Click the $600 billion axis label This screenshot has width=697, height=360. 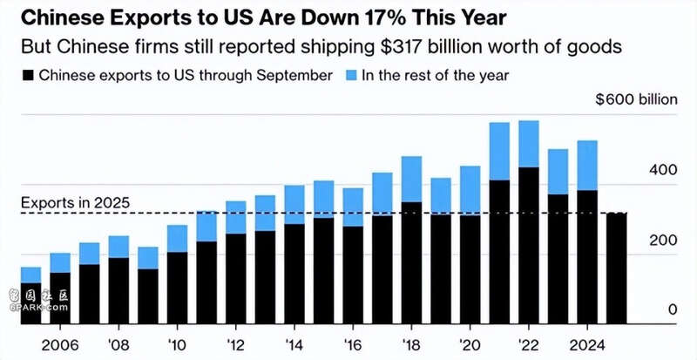tap(636, 99)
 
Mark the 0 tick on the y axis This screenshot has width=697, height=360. tap(672, 309)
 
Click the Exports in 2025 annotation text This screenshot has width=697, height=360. tap(75, 203)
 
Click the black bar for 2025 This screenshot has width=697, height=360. tap(616, 266)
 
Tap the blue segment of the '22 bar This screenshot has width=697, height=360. tap(528, 144)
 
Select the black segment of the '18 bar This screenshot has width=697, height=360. tap(412, 262)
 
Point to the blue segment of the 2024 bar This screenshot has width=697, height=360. tap(587, 166)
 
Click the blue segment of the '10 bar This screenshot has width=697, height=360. tap(177, 239)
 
